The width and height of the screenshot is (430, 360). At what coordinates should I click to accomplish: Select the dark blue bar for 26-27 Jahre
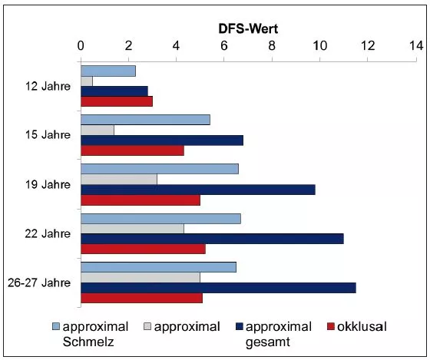pyautogui.click(x=218, y=287)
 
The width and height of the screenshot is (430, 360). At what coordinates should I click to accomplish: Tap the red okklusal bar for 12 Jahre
pyautogui.click(x=117, y=101)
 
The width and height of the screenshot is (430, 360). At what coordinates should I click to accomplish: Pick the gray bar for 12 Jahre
pyautogui.click(x=87, y=81)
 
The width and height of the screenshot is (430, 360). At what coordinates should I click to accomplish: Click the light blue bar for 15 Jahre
pyautogui.click(x=145, y=120)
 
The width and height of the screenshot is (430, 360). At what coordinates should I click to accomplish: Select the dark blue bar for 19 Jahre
pyautogui.click(x=197, y=190)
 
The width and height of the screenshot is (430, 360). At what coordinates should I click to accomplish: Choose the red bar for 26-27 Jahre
pyautogui.click(x=141, y=298)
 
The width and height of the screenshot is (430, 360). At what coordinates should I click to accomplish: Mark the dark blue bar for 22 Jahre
pyautogui.click(x=212, y=239)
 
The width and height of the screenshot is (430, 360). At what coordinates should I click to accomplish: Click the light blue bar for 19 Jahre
pyautogui.click(x=159, y=169)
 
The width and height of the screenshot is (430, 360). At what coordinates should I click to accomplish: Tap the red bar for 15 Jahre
pyautogui.click(x=132, y=150)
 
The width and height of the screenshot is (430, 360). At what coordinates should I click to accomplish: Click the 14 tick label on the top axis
pyautogui.click(x=415, y=46)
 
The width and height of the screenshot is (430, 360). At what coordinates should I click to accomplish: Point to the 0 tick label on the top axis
pyautogui.click(x=81, y=46)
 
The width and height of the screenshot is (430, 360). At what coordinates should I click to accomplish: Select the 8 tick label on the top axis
pyautogui.click(x=272, y=46)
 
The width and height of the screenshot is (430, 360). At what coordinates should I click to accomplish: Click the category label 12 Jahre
pyautogui.click(x=47, y=86)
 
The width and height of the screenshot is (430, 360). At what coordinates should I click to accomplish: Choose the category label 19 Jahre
pyautogui.click(x=47, y=184)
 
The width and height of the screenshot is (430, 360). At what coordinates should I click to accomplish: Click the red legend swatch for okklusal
pyautogui.click(x=332, y=327)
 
